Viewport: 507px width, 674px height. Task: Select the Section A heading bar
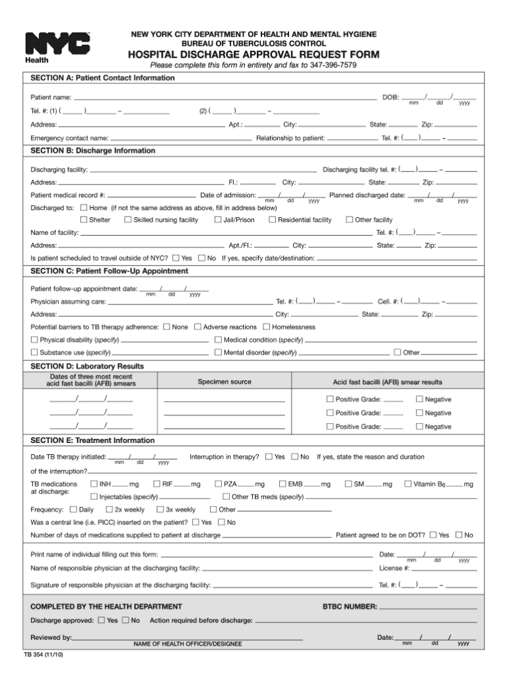pos(253,78)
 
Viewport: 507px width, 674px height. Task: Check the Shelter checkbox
pos(84,220)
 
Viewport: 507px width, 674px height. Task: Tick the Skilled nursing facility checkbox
pos(128,220)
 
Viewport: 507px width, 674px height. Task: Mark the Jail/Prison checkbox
pos(218,220)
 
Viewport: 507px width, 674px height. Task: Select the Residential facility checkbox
pos(272,220)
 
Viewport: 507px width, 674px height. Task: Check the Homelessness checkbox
pos(267,327)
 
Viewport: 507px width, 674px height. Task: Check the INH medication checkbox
pos(94,484)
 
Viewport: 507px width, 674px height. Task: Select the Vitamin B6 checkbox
pos(407,484)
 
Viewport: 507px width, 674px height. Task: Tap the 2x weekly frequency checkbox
pos(109,510)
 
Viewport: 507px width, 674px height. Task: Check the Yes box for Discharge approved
pos(101,621)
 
